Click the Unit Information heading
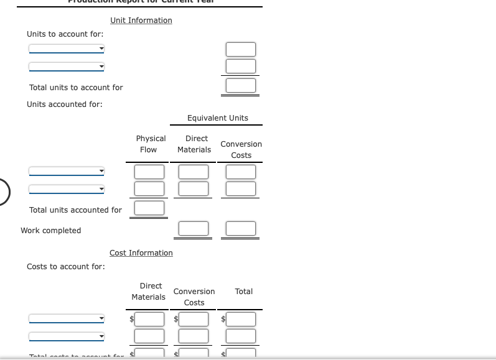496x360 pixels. tap(141, 21)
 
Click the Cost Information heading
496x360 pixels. tap(141, 253)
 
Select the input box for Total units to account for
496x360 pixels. tap(241, 85)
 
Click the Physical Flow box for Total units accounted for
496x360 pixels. tap(150, 208)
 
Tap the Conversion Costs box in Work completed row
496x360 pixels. tap(241, 228)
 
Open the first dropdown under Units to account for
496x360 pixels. tap(67, 49)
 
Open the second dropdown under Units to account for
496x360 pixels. tap(67, 67)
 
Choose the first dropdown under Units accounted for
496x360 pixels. tap(67, 171)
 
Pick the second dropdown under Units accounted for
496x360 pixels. tap(67, 188)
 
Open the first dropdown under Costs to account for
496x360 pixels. tap(67, 318)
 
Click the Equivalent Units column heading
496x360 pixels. tap(217, 118)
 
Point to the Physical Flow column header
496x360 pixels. tap(151, 144)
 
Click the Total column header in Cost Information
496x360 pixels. tap(244, 292)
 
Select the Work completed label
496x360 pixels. tap(51, 231)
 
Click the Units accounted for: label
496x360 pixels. tap(65, 104)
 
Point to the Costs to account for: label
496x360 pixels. tap(66, 267)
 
